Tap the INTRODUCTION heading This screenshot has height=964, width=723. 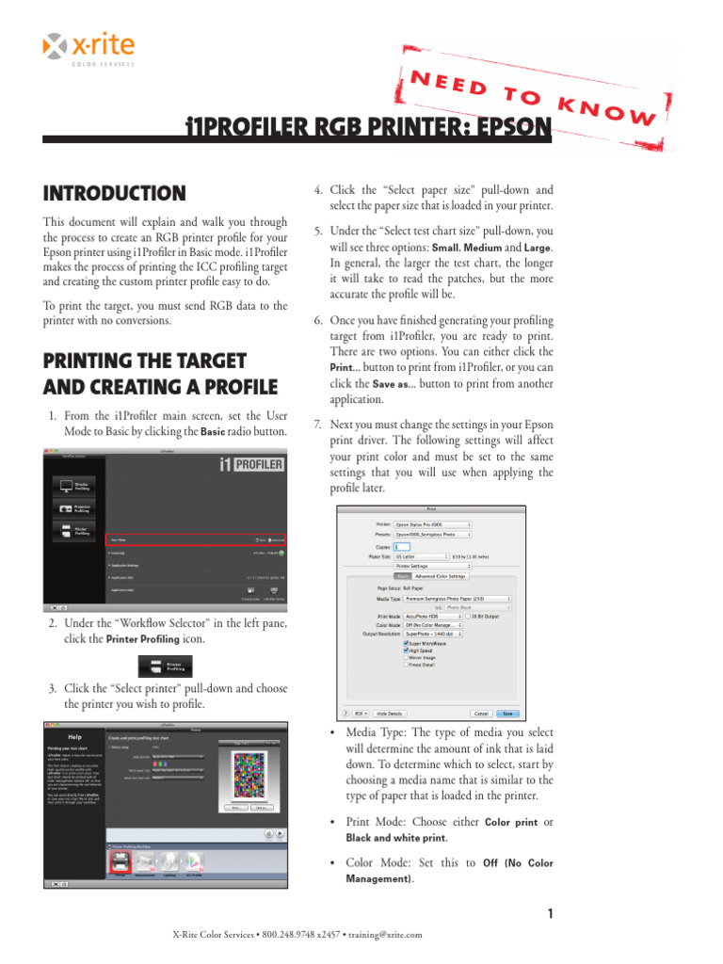(x=114, y=194)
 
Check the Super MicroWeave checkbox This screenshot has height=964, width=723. (x=406, y=643)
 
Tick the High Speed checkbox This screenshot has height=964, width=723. (x=406, y=650)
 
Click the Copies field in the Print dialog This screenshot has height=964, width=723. (x=401, y=546)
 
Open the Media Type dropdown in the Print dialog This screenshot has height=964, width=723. (x=457, y=598)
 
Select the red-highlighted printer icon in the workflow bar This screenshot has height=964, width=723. (x=120, y=861)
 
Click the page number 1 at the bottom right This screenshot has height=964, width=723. (x=548, y=913)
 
